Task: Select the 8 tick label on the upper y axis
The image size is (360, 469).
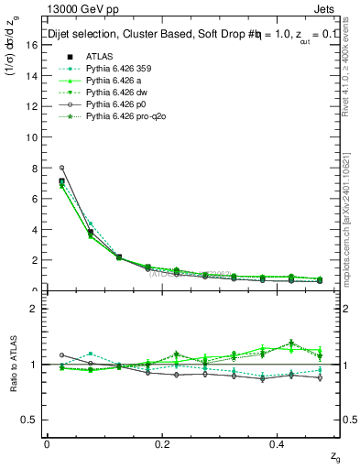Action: (34, 169)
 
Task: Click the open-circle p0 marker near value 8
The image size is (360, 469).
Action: (61, 168)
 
